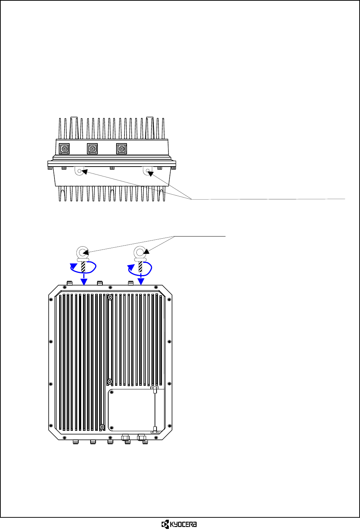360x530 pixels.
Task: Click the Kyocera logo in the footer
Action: tap(179, 524)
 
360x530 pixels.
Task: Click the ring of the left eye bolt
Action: tap(83, 252)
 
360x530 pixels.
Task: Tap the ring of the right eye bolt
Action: tap(140, 252)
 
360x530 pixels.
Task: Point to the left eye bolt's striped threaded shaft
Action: tap(83, 267)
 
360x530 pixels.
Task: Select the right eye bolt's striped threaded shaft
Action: tap(140, 267)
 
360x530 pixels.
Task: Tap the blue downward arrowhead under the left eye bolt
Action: tap(84, 282)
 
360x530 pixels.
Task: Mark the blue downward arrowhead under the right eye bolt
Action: tap(141, 281)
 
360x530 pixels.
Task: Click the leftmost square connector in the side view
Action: tap(64, 149)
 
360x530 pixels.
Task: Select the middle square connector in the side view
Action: tap(92, 149)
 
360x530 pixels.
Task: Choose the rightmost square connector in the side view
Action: tap(122, 149)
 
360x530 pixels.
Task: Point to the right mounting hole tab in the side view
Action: tap(148, 171)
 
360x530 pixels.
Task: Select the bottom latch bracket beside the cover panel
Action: tap(155, 430)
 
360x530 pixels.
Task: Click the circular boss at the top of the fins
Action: tap(110, 297)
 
